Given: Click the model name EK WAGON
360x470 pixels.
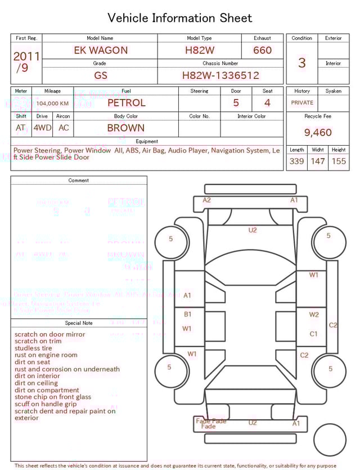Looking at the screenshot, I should [101, 50].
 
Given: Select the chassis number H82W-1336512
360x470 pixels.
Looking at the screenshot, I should [220, 75].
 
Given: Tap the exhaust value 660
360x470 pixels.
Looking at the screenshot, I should [262, 50].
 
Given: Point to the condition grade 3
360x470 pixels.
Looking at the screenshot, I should [302, 62].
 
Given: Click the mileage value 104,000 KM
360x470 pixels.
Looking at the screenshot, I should [53, 104].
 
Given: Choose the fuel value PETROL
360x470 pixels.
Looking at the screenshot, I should [126, 103].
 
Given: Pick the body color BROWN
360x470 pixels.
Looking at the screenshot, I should [125, 128].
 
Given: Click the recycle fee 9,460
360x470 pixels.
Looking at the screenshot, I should [318, 133].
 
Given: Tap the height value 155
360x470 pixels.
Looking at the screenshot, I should [339, 162].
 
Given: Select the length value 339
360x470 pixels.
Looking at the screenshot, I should [296, 162].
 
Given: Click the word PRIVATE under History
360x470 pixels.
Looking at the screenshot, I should [302, 103].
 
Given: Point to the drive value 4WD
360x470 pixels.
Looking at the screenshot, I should [42, 128].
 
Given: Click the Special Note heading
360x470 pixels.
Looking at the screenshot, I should [79, 323].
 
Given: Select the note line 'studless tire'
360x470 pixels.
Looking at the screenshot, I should [33, 348].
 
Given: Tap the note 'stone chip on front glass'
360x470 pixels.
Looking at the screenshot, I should [53, 397].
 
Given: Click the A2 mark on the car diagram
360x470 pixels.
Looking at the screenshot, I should [206, 200].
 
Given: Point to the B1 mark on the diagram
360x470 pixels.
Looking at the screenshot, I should [187, 314].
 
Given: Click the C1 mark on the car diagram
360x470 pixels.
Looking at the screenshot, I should [314, 334].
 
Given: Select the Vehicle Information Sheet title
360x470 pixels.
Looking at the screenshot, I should [180, 18].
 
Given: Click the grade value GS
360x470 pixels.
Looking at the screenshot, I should [101, 75].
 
